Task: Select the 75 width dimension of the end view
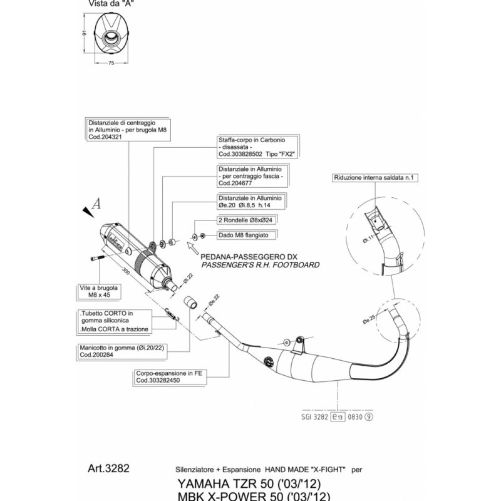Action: (x=111, y=63)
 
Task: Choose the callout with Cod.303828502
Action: (x=256, y=148)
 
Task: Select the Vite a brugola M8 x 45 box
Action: (x=102, y=291)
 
